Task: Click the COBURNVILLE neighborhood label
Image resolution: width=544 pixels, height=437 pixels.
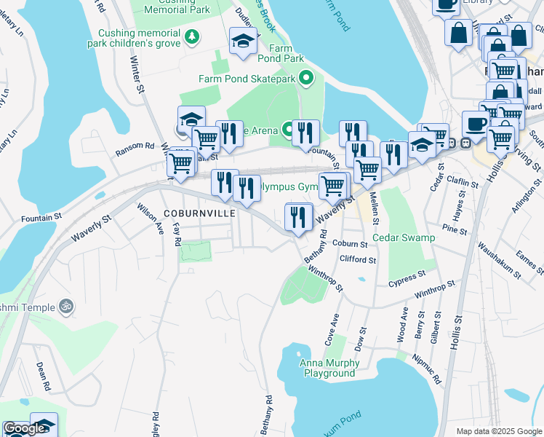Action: (199, 213)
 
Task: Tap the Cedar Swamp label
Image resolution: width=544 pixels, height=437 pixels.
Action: (404, 237)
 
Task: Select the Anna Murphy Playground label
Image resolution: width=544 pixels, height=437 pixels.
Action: (329, 369)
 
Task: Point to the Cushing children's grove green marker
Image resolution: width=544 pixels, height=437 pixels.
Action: (191, 36)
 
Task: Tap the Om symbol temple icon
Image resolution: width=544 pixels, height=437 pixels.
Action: (67, 307)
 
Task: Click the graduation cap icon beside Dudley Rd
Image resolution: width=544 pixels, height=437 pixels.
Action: (242, 42)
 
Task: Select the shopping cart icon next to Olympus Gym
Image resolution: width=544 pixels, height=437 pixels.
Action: (333, 186)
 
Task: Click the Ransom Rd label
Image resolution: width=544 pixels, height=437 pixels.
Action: (135, 150)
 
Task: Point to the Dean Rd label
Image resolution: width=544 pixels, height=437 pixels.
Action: (42, 374)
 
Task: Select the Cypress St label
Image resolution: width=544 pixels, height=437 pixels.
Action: (407, 280)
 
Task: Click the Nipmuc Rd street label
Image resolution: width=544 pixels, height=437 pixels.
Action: (428, 369)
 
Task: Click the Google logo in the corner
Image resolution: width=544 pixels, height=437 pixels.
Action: (24, 429)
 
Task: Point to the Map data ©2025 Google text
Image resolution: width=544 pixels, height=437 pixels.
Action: (498, 431)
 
